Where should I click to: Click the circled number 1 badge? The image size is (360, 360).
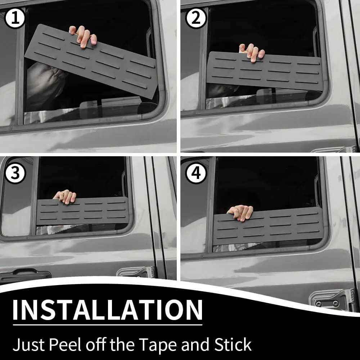15,18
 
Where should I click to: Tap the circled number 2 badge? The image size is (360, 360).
196,18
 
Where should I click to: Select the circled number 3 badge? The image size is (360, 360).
15,174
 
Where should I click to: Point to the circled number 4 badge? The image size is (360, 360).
196,173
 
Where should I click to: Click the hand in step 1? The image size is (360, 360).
83,36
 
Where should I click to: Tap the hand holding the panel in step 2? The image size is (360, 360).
252,52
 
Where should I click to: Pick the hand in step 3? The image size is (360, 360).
65,197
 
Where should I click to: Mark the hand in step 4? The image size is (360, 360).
240,213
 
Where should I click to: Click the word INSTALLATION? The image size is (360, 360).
107,310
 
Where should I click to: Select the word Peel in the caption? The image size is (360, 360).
65,345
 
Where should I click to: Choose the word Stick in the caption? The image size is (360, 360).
233,345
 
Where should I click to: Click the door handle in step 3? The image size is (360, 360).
25,275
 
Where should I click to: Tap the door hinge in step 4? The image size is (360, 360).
333,300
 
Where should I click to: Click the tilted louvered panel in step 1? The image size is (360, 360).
91,61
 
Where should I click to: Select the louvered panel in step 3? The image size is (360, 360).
83,211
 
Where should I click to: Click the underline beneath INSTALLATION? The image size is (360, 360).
107,325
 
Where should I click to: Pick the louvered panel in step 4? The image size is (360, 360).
268,226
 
